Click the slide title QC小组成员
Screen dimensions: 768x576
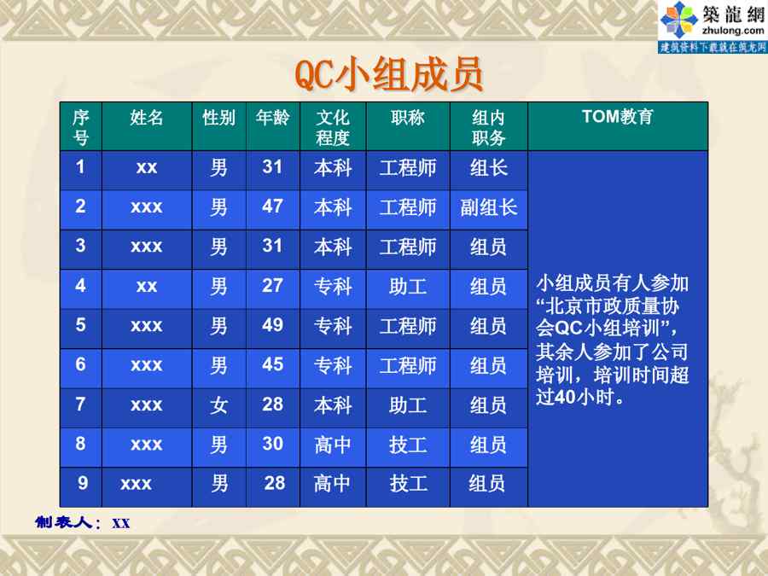(389, 74)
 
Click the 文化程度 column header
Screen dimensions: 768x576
(333, 127)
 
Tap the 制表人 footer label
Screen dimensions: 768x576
(63, 522)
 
